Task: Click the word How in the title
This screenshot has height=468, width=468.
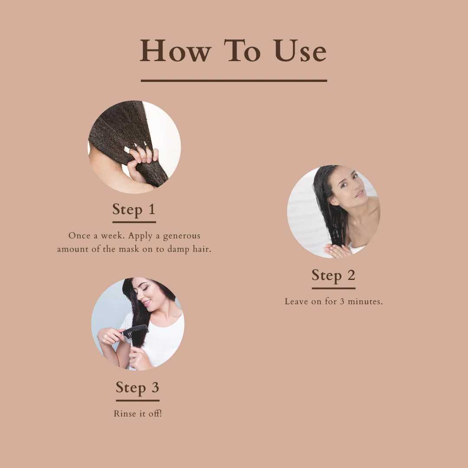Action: point(176,51)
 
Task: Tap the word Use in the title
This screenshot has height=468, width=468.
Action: point(300,51)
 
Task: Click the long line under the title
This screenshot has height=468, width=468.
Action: point(234,81)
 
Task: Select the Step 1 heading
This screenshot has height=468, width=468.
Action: point(134,209)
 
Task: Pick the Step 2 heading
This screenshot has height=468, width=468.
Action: point(333,275)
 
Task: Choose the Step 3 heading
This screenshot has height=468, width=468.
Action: point(138,387)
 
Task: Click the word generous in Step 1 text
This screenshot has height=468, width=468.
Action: point(182,237)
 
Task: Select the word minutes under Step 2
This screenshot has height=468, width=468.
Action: point(365,302)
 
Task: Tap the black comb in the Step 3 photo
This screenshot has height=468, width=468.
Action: point(135,331)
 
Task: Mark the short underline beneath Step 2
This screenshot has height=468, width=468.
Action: point(333,288)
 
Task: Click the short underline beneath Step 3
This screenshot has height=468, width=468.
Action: point(138,400)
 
